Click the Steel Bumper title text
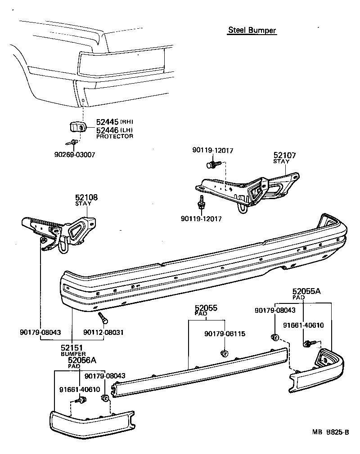click(x=252, y=30)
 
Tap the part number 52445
click(x=107, y=122)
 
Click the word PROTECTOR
click(x=115, y=136)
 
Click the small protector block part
click(x=77, y=127)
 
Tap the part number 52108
click(x=86, y=197)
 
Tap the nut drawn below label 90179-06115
click(x=223, y=353)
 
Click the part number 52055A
click(x=306, y=291)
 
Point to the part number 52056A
click(x=82, y=360)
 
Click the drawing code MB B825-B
click(x=331, y=432)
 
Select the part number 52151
click(x=72, y=348)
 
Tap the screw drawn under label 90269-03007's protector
click(x=73, y=142)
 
